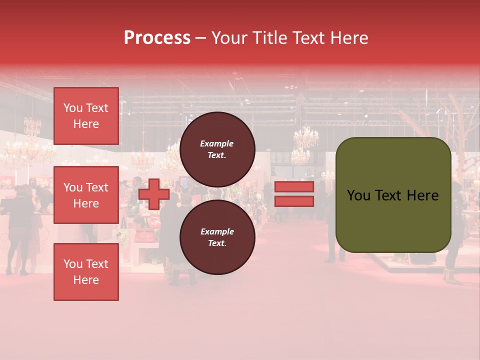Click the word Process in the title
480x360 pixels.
click(157, 38)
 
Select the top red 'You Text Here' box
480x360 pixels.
click(86, 116)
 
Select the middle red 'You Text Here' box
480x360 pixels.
click(86, 195)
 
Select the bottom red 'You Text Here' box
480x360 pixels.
click(86, 272)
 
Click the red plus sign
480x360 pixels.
click(154, 194)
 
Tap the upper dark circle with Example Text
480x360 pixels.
click(217, 149)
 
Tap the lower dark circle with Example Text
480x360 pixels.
click(217, 237)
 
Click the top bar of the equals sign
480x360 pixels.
click(294, 187)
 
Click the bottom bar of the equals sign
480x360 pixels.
click(294, 201)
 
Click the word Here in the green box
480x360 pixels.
click(423, 195)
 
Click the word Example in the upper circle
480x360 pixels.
click(217, 143)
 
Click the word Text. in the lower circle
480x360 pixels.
click(217, 243)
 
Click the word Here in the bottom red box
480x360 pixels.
click(86, 280)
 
